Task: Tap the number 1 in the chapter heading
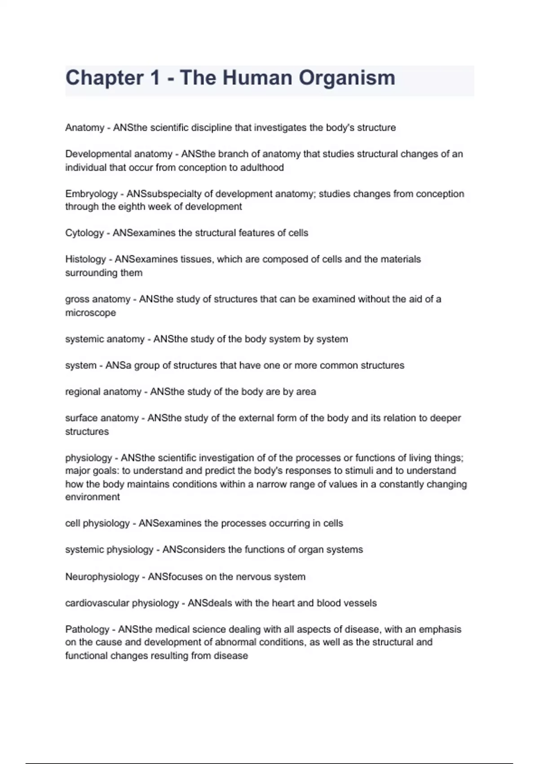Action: pyautogui.click(x=155, y=78)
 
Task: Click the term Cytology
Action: pyautogui.click(x=84, y=233)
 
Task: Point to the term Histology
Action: pyautogui.click(x=85, y=259)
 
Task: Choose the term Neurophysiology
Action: pyautogui.click(x=102, y=577)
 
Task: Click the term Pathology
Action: pyautogui.click(x=87, y=629)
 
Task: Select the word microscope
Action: pyautogui.click(x=90, y=313)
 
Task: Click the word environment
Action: pyautogui.click(x=93, y=497)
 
